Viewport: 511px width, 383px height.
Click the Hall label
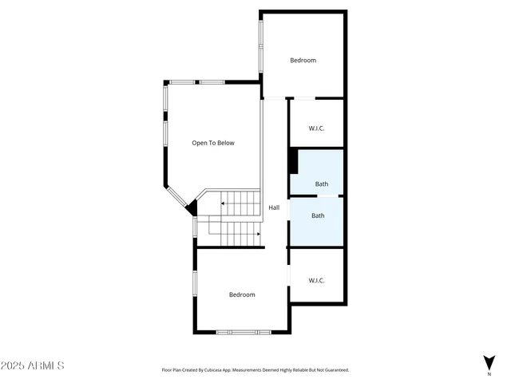coord(274,207)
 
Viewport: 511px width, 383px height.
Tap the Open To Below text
coord(213,143)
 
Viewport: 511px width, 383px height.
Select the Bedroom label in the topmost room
coord(303,61)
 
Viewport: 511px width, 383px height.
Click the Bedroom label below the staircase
coord(242,294)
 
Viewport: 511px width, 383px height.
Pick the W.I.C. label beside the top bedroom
coord(316,128)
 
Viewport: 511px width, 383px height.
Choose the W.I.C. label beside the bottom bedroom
coord(316,280)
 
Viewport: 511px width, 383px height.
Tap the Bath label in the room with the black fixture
coord(321,184)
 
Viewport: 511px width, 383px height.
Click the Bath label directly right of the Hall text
coord(318,215)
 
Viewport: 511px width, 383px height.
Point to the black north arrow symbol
coord(489,361)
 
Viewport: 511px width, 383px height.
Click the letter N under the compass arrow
coord(489,373)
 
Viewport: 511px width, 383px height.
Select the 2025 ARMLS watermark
coord(32,365)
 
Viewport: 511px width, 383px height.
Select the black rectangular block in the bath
coord(293,161)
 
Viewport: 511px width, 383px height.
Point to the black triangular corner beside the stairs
coord(192,209)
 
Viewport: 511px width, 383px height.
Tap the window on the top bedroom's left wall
coord(260,44)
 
